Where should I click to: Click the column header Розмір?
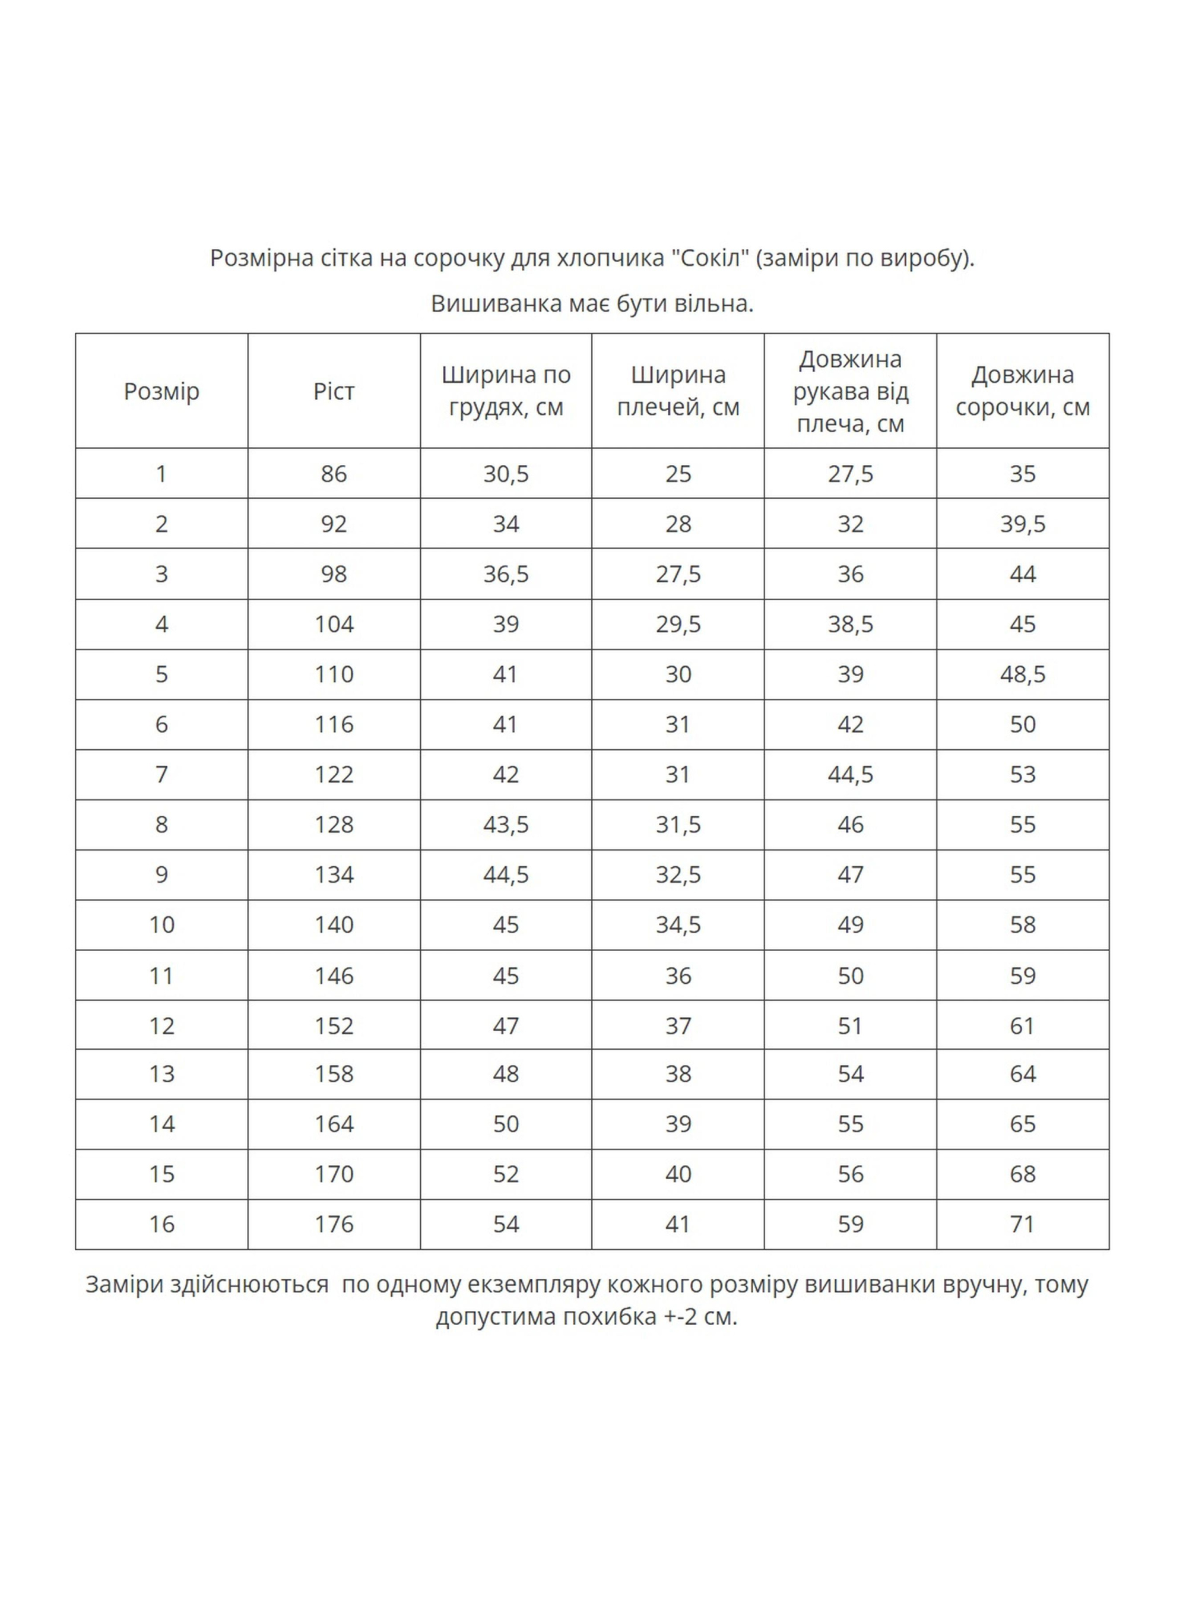pos(161,391)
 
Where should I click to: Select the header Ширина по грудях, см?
pos(506,391)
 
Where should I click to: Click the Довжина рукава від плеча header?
pos(850,391)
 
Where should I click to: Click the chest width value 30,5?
pos(506,474)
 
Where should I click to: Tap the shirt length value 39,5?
pos(1022,524)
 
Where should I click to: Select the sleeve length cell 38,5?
pos(850,624)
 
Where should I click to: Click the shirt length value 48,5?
pos(1022,674)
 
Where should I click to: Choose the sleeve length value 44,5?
pos(850,774)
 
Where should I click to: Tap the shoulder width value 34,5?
pos(678,925)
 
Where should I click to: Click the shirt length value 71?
pos(1022,1224)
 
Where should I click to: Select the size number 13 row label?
pos(161,1073)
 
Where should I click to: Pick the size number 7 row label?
pos(161,774)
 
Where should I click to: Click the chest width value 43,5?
pos(506,824)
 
